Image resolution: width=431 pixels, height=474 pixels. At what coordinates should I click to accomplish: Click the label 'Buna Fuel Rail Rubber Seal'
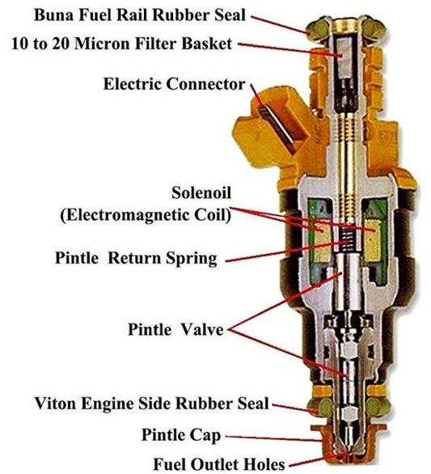tap(140, 15)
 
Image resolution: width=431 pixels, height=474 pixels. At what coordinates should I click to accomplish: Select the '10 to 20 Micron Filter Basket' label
tap(122, 44)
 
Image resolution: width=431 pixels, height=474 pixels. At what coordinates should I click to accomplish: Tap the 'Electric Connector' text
tap(174, 84)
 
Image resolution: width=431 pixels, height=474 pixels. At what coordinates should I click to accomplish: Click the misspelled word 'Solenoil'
tap(201, 193)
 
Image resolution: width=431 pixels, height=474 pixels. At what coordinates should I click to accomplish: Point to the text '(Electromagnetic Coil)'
tap(146, 215)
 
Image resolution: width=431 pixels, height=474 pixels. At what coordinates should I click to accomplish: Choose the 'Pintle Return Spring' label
tap(136, 259)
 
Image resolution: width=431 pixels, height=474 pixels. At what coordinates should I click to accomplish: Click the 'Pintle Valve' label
tap(175, 329)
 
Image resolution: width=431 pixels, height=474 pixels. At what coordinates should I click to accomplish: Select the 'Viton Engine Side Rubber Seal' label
tap(152, 404)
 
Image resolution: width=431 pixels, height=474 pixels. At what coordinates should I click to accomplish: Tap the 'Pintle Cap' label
tap(181, 435)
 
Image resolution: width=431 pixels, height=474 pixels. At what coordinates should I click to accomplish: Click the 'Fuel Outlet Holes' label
tap(219, 463)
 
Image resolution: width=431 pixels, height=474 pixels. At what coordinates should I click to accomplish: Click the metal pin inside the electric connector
tap(277, 128)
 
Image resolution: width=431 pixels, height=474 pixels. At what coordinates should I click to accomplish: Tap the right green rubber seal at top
tap(374, 29)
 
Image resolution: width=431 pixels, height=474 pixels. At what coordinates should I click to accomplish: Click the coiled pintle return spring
tap(347, 240)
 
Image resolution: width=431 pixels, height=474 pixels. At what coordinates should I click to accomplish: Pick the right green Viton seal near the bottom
tap(378, 407)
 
